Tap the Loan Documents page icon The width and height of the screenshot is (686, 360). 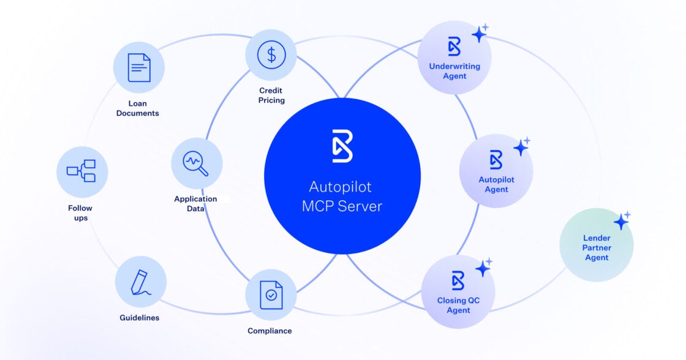click(x=139, y=67)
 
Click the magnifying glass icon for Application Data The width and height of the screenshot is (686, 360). click(x=196, y=163)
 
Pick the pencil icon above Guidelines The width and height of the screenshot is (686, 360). click(x=140, y=282)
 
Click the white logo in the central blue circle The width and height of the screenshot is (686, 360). click(x=342, y=146)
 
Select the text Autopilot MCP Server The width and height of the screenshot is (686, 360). click(x=342, y=196)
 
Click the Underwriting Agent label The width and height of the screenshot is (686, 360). click(x=454, y=71)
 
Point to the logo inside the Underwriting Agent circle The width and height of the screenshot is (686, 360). click(x=454, y=47)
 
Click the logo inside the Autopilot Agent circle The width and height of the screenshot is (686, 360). click(x=496, y=160)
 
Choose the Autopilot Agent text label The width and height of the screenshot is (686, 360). click(x=496, y=184)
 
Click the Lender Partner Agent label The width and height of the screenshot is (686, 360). click(x=597, y=248)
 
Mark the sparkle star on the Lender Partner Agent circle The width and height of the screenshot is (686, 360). click(x=622, y=221)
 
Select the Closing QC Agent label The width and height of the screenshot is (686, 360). click(x=458, y=305)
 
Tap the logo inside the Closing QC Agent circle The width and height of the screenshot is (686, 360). click(x=458, y=280)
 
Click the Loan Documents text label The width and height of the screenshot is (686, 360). click(x=137, y=108)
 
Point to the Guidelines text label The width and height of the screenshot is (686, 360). click(x=140, y=318)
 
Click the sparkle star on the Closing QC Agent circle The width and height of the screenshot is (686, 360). click(x=484, y=268)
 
